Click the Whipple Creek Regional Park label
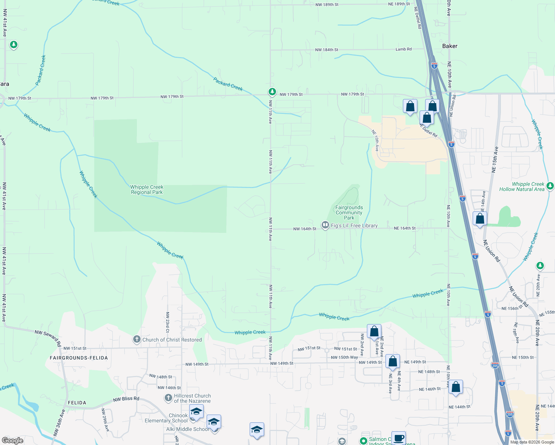(147, 189)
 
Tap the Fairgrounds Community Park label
(349, 212)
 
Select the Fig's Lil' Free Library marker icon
(325, 225)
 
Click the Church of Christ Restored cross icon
(137, 339)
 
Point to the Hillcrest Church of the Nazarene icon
(168, 398)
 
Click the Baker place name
(450, 46)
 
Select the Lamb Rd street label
(403, 49)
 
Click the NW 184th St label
(326, 50)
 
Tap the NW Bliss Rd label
(126, 399)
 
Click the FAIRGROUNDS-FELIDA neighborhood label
(79, 358)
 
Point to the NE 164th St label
(405, 228)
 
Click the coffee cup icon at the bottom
(398, 438)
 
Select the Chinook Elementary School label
(166, 418)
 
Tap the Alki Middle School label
(187, 429)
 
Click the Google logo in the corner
(12, 440)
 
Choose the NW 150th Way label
(344, 357)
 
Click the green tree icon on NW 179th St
(272, 92)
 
